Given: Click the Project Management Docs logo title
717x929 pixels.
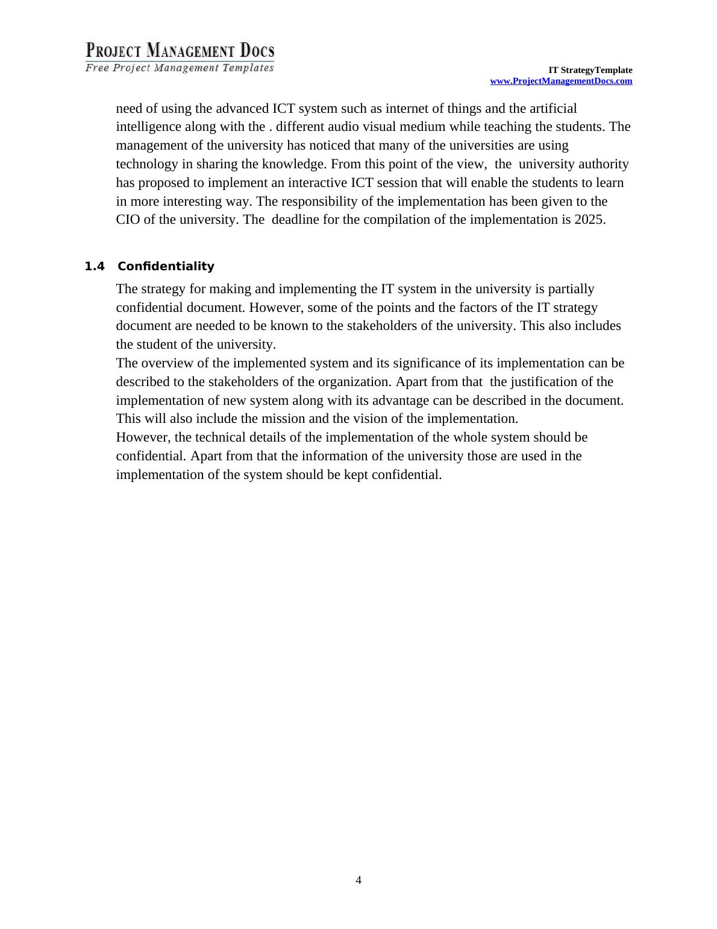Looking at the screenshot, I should (180, 50).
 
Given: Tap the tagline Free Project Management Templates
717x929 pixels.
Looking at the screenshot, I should (180, 68).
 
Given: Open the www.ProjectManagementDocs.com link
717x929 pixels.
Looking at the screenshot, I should (561, 81).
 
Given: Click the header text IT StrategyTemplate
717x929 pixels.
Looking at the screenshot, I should (590, 70).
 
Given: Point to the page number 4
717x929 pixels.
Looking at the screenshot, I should (358, 880).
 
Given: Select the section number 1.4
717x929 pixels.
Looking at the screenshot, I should (95, 266).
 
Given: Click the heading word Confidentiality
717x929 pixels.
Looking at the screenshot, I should (166, 266).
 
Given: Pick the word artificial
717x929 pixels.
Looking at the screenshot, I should (553, 109).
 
